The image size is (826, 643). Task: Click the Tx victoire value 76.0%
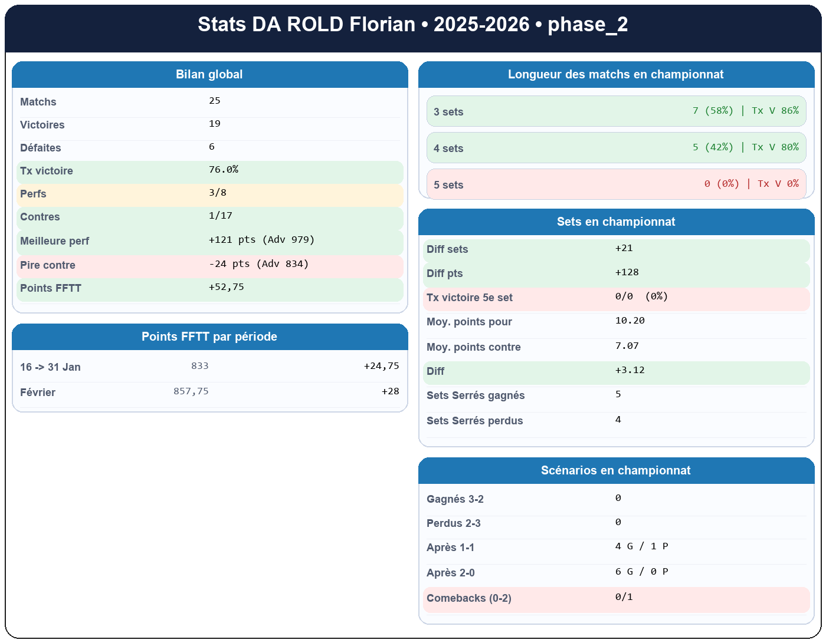coord(224,170)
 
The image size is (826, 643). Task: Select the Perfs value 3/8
coord(217,193)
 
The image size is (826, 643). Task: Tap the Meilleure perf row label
coord(54,241)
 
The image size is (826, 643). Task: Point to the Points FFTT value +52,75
coord(226,287)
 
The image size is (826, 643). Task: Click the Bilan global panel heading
coord(209,74)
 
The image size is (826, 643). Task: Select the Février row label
coord(38,393)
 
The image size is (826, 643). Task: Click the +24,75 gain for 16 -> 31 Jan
coord(381,366)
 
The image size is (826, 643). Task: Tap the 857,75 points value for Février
coord(191,391)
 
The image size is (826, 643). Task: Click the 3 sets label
coord(448,112)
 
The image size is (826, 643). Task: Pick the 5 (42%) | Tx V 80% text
coord(745,147)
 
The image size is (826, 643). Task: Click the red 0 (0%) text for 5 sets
coord(722,184)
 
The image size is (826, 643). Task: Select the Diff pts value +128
coord(627,272)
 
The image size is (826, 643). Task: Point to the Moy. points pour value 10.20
coord(630,321)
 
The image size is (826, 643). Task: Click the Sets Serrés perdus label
coord(474,421)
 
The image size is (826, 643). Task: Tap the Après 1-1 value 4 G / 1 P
coord(641,546)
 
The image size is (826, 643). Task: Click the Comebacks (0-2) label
coord(468,598)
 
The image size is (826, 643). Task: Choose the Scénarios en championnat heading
coord(615,470)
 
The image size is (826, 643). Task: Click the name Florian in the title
coord(382,25)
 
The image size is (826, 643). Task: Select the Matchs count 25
coord(215,101)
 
